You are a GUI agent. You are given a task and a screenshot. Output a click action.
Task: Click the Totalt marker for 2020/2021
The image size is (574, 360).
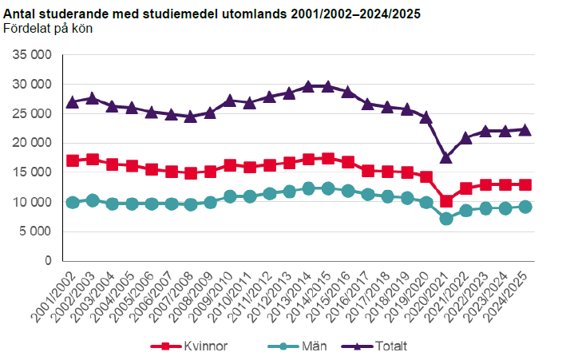(446, 157)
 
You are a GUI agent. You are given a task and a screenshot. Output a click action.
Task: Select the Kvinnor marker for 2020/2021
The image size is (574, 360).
(446, 201)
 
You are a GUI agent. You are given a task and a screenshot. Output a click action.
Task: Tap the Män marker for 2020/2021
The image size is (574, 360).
(446, 218)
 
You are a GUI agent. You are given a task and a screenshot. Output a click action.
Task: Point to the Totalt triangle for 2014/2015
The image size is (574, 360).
(328, 86)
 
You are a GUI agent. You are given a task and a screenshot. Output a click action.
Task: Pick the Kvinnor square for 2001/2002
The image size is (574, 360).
(73, 160)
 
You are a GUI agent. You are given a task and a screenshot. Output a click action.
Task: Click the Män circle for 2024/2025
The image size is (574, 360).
(525, 207)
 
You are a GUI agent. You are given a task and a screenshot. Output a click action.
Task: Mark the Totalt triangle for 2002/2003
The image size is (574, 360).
(93, 98)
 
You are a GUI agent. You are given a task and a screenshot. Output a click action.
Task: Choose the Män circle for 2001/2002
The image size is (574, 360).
(73, 202)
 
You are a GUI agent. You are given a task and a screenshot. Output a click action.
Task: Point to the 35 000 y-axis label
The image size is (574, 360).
(32, 54)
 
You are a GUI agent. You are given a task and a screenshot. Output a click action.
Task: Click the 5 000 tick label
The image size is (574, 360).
(35, 231)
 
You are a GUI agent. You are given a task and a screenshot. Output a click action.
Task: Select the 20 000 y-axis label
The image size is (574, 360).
(32, 143)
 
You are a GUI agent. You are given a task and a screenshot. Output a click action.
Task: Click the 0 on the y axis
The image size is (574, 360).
(48, 261)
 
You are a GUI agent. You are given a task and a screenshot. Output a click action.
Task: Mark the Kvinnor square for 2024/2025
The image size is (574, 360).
(525, 184)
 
